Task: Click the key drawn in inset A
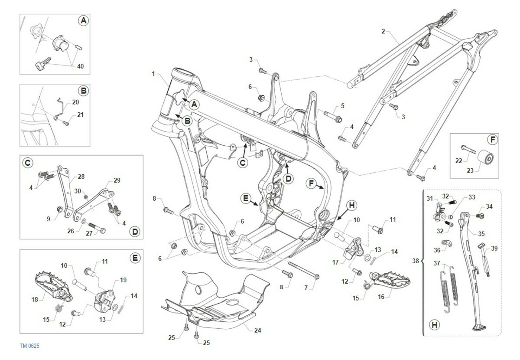[x=43, y=63]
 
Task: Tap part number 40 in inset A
[x=80, y=66]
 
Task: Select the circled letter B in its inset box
[x=84, y=91]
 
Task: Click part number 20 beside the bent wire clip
[x=76, y=102]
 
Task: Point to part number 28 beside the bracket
[x=81, y=177]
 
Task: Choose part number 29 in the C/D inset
[x=117, y=180]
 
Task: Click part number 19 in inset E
[x=123, y=280]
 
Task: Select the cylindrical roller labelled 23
[x=485, y=158]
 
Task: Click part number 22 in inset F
[x=459, y=161]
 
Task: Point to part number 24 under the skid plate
[x=258, y=330]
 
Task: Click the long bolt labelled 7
[x=304, y=270]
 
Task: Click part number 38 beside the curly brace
[x=416, y=261]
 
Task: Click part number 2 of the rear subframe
[x=383, y=31]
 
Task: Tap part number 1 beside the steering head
[x=153, y=74]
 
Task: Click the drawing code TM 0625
[x=29, y=346]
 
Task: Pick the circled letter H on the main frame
[x=352, y=206]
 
